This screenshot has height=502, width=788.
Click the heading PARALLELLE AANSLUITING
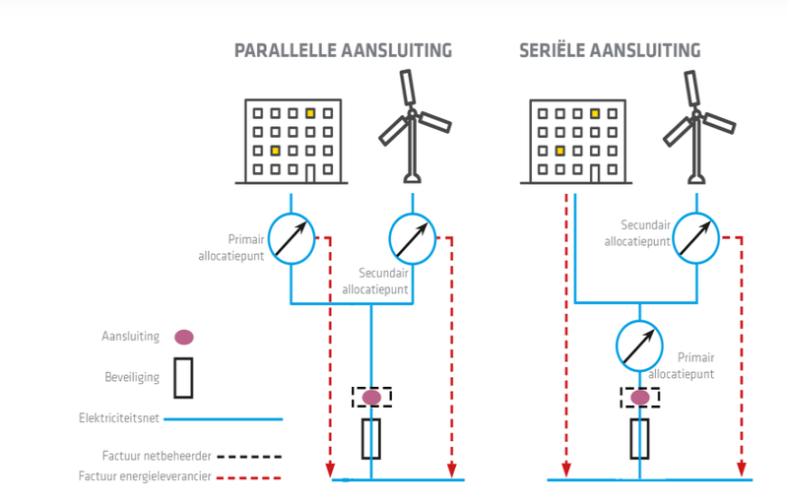pyautogui.click(x=343, y=51)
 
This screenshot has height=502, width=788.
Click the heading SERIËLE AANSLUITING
pyautogui.click(x=610, y=51)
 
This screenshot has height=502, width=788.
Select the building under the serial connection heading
pyautogui.click(x=576, y=141)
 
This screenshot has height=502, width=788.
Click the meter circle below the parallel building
pyautogui.click(x=292, y=238)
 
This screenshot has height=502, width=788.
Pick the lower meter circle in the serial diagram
pyautogui.click(x=640, y=346)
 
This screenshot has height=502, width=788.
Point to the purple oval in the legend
pyautogui.click(x=183, y=337)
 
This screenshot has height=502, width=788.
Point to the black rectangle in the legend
pyautogui.click(x=183, y=377)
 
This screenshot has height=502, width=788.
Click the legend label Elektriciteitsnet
pyautogui.click(x=118, y=418)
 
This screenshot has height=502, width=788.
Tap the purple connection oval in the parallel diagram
pyautogui.click(x=371, y=397)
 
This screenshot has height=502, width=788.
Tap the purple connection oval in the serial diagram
pyautogui.click(x=640, y=397)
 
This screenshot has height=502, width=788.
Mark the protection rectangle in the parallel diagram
pyautogui.click(x=371, y=438)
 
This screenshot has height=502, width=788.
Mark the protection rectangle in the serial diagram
pyautogui.click(x=640, y=438)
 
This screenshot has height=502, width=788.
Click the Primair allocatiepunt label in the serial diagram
pyautogui.click(x=695, y=366)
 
